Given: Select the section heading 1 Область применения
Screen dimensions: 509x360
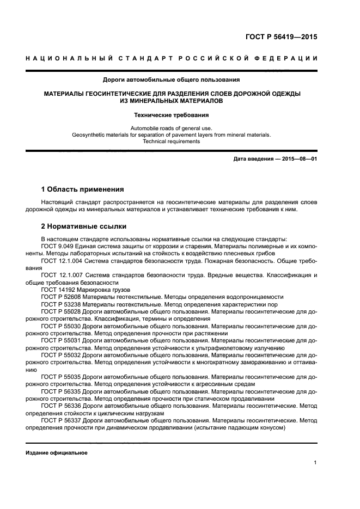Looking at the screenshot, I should (82, 189).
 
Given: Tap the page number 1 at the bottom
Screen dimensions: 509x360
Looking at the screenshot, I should (315, 463).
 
